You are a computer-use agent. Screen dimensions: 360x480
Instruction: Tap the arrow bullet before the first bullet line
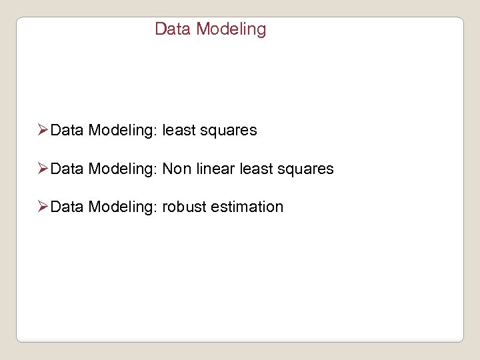(43, 130)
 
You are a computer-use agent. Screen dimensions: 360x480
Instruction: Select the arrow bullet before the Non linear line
(43, 169)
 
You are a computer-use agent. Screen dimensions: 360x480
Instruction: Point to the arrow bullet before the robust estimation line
(43, 207)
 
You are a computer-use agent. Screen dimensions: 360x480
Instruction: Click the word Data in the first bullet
(67, 131)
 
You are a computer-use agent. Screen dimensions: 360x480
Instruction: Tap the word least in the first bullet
(178, 131)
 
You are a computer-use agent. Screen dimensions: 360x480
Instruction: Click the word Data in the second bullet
(67, 169)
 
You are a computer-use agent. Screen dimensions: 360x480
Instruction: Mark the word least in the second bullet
(255, 169)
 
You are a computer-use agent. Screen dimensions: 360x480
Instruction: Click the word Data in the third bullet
(67, 207)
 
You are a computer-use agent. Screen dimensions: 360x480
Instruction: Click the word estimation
(247, 207)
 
